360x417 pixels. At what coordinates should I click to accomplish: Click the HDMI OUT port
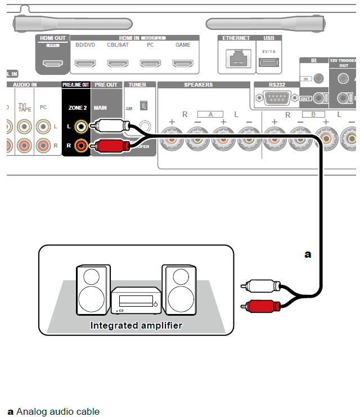(x=52, y=63)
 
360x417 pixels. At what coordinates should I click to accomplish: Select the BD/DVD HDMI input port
(x=85, y=63)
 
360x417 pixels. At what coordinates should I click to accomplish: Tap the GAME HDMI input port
(x=183, y=63)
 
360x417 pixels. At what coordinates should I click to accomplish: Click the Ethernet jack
(x=236, y=58)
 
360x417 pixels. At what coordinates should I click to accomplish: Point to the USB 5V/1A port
(x=268, y=62)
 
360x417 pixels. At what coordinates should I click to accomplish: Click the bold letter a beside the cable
(x=308, y=254)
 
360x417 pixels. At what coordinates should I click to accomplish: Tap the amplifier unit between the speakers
(x=135, y=301)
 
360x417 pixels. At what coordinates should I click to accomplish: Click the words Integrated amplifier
(x=136, y=325)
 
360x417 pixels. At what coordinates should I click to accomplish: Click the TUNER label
(x=137, y=85)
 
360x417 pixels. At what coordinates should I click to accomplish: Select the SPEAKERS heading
(x=198, y=85)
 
